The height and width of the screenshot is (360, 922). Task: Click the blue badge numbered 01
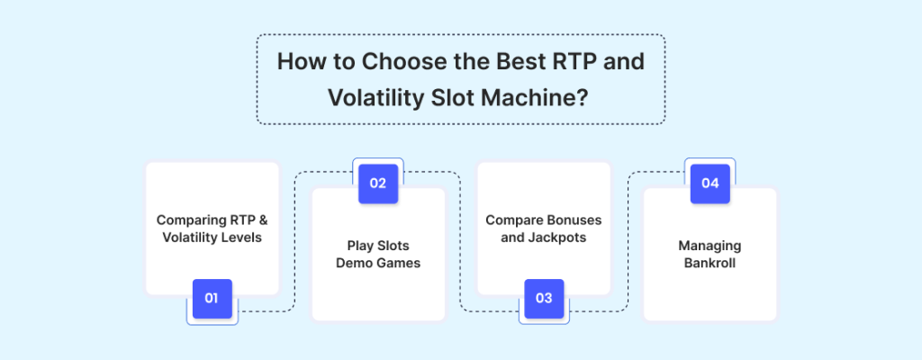click(x=212, y=298)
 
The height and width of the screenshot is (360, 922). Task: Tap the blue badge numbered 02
click(x=378, y=184)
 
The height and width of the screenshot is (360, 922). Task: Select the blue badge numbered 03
click(x=544, y=298)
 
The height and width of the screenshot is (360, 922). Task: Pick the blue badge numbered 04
click(x=710, y=184)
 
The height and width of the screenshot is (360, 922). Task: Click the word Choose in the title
click(x=397, y=62)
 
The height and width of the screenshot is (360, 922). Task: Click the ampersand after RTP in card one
click(x=263, y=220)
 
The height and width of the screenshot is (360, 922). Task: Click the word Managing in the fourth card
click(x=710, y=246)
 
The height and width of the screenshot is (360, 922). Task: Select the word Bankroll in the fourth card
click(x=710, y=263)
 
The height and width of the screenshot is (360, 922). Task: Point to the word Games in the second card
click(x=398, y=263)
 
